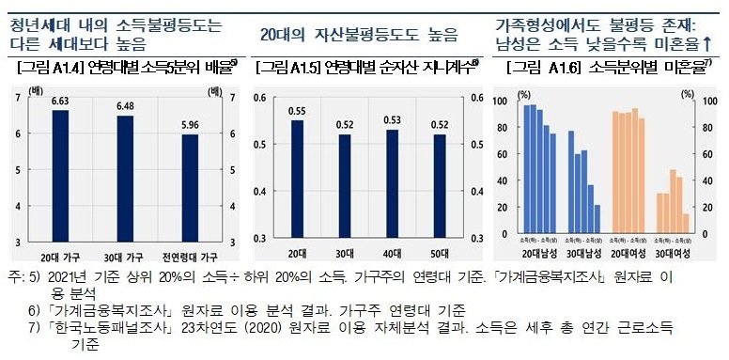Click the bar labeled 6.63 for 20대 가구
[60, 176]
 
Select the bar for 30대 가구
[125, 179]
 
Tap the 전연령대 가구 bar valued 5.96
[190, 188]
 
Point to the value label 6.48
[125, 106]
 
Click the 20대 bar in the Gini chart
[297, 179]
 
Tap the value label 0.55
[297, 111]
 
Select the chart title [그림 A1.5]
[287, 68]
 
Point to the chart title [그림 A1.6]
[538, 68]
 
